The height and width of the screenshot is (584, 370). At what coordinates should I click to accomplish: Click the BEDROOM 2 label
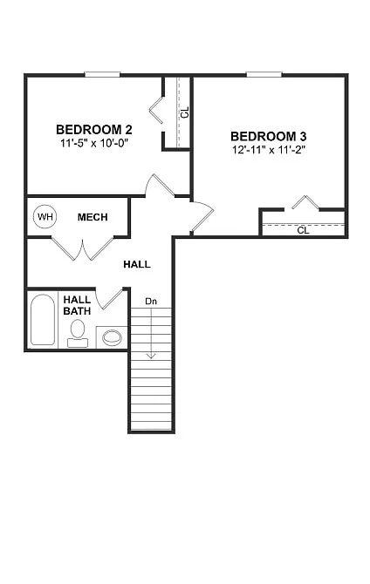(x=93, y=129)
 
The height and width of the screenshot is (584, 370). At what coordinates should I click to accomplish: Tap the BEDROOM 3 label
(x=268, y=136)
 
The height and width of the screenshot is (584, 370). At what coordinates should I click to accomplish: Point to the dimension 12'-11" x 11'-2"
(x=268, y=150)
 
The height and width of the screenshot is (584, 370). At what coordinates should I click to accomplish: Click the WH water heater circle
(x=44, y=216)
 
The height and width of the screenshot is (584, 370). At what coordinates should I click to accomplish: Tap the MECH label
(x=92, y=216)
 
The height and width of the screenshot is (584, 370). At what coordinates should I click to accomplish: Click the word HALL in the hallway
(x=136, y=263)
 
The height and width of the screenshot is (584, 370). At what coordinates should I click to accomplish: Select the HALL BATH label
(x=77, y=305)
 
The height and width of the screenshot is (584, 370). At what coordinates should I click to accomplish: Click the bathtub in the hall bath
(x=42, y=321)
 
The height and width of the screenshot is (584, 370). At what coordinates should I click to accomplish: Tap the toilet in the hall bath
(x=78, y=332)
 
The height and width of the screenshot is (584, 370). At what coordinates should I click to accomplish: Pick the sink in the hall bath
(x=112, y=336)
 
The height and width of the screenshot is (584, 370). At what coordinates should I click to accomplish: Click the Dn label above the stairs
(x=151, y=302)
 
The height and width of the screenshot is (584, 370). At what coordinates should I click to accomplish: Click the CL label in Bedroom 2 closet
(x=183, y=112)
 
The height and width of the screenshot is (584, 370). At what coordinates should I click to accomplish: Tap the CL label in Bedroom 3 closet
(x=303, y=230)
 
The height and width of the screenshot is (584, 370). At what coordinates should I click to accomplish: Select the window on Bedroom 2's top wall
(x=102, y=74)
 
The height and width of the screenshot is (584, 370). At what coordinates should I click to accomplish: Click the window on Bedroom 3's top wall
(x=264, y=74)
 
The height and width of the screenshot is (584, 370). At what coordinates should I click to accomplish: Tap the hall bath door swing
(x=111, y=298)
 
